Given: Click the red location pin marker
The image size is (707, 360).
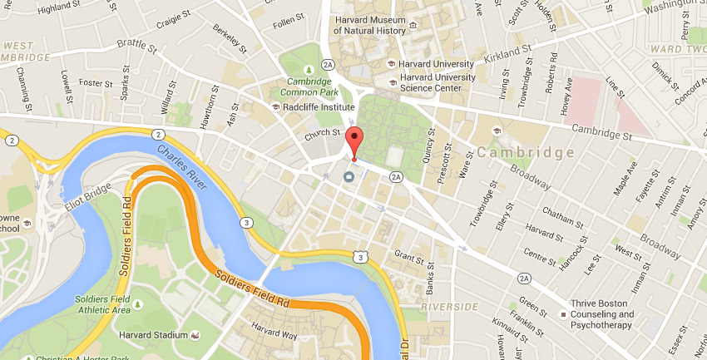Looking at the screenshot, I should pos(355,141).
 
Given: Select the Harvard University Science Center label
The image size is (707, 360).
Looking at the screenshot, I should pos(438,83).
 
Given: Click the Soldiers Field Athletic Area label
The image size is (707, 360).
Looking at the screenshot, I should pos(103,304).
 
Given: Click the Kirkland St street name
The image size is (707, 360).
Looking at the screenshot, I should pos(507,55).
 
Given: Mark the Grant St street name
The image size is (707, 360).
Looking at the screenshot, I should pos(409,254).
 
